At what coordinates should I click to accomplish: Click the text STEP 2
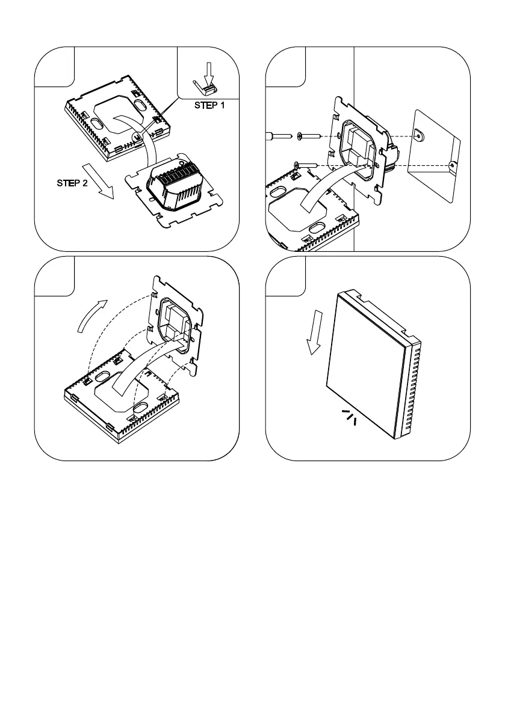pyautogui.click(x=72, y=184)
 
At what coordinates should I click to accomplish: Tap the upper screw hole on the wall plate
pyautogui.click(x=419, y=136)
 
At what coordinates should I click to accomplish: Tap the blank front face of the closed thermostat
pyautogui.click(x=367, y=367)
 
